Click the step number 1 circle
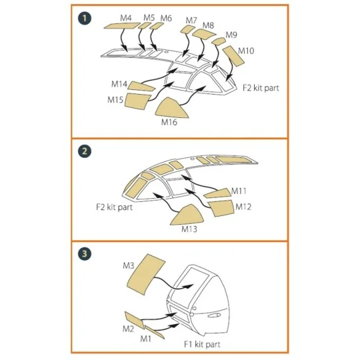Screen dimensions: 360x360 [x=85, y=19]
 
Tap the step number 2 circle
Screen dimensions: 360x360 [x=85, y=151]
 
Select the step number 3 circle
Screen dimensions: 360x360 [x=85, y=254]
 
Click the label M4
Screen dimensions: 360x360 [x=126, y=18]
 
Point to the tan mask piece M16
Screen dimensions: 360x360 [x=171, y=109]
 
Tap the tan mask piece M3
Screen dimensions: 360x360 [x=146, y=274]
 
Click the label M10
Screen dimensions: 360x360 [x=246, y=51]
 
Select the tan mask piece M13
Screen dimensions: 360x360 [x=187, y=215]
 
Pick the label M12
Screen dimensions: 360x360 [x=243, y=207]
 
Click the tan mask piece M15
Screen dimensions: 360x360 [x=137, y=101]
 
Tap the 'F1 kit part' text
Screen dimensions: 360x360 [x=202, y=345]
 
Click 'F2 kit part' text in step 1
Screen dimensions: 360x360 [x=261, y=88]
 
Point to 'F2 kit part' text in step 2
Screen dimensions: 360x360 [x=115, y=207]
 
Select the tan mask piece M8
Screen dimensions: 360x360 [x=204, y=34]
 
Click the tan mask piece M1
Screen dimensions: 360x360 [x=154, y=331]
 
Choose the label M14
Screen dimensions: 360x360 [x=119, y=84]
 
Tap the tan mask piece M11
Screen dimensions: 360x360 [x=217, y=193]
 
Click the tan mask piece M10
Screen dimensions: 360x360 [x=233, y=56]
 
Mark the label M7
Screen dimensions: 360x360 [x=191, y=21]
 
